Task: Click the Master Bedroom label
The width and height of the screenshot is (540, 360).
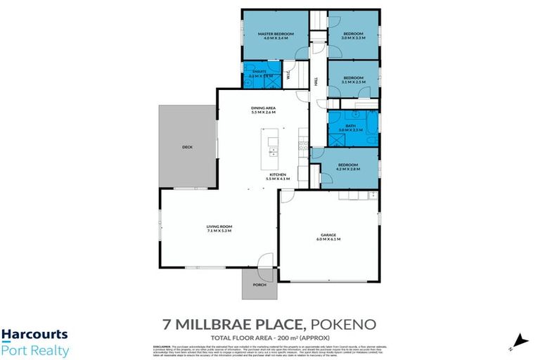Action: (x=274, y=34)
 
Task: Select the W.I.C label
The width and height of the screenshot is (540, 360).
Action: (x=289, y=76)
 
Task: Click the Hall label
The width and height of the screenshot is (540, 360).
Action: (x=316, y=82)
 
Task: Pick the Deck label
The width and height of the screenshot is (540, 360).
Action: (x=187, y=147)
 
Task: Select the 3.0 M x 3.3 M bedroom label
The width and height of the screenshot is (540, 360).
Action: (x=353, y=34)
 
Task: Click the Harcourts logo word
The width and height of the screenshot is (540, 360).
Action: (x=34, y=335)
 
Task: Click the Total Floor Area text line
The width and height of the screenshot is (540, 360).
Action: (x=270, y=337)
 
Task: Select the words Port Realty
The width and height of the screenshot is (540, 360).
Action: (x=34, y=350)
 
